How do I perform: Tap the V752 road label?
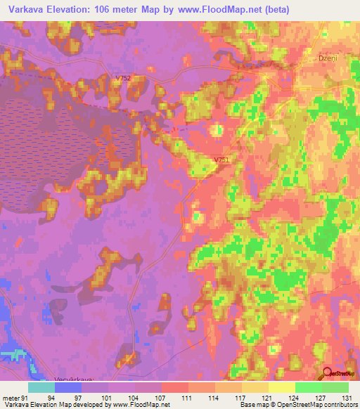(124, 78)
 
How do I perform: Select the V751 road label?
(222, 161)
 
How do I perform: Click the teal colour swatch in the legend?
(41, 387)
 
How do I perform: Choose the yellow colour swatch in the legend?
(281, 387)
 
